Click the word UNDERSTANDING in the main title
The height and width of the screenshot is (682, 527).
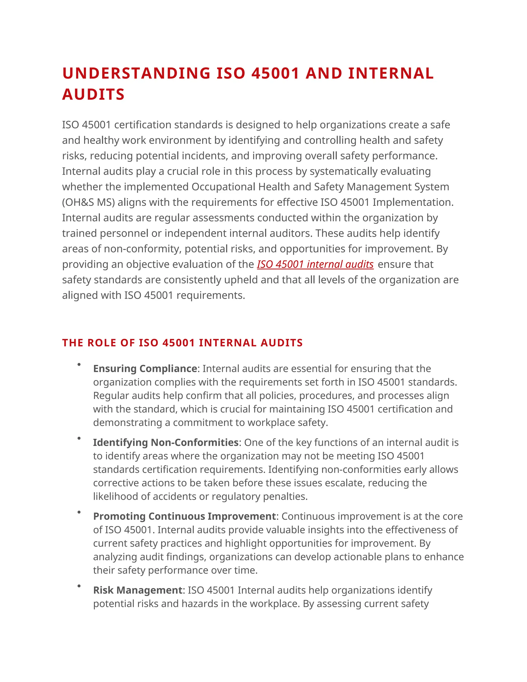tap(136, 74)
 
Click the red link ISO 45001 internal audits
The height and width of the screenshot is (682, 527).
tap(315, 264)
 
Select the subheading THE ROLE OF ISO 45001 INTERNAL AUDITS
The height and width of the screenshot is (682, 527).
tap(182, 343)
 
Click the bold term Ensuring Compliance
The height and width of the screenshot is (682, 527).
tap(145, 369)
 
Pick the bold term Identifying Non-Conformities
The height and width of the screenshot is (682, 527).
tap(166, 442)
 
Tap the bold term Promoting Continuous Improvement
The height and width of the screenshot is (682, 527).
tap(185, 516)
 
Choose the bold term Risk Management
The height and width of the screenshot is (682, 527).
tap(138, 590)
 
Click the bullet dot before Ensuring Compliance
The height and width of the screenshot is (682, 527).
tap(79, 364)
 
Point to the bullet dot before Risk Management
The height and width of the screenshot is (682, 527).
tap(79, 586)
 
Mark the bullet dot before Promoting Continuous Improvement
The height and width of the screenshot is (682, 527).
tap(79, 512)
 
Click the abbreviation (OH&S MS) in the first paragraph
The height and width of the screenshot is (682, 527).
tap(88, 202)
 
